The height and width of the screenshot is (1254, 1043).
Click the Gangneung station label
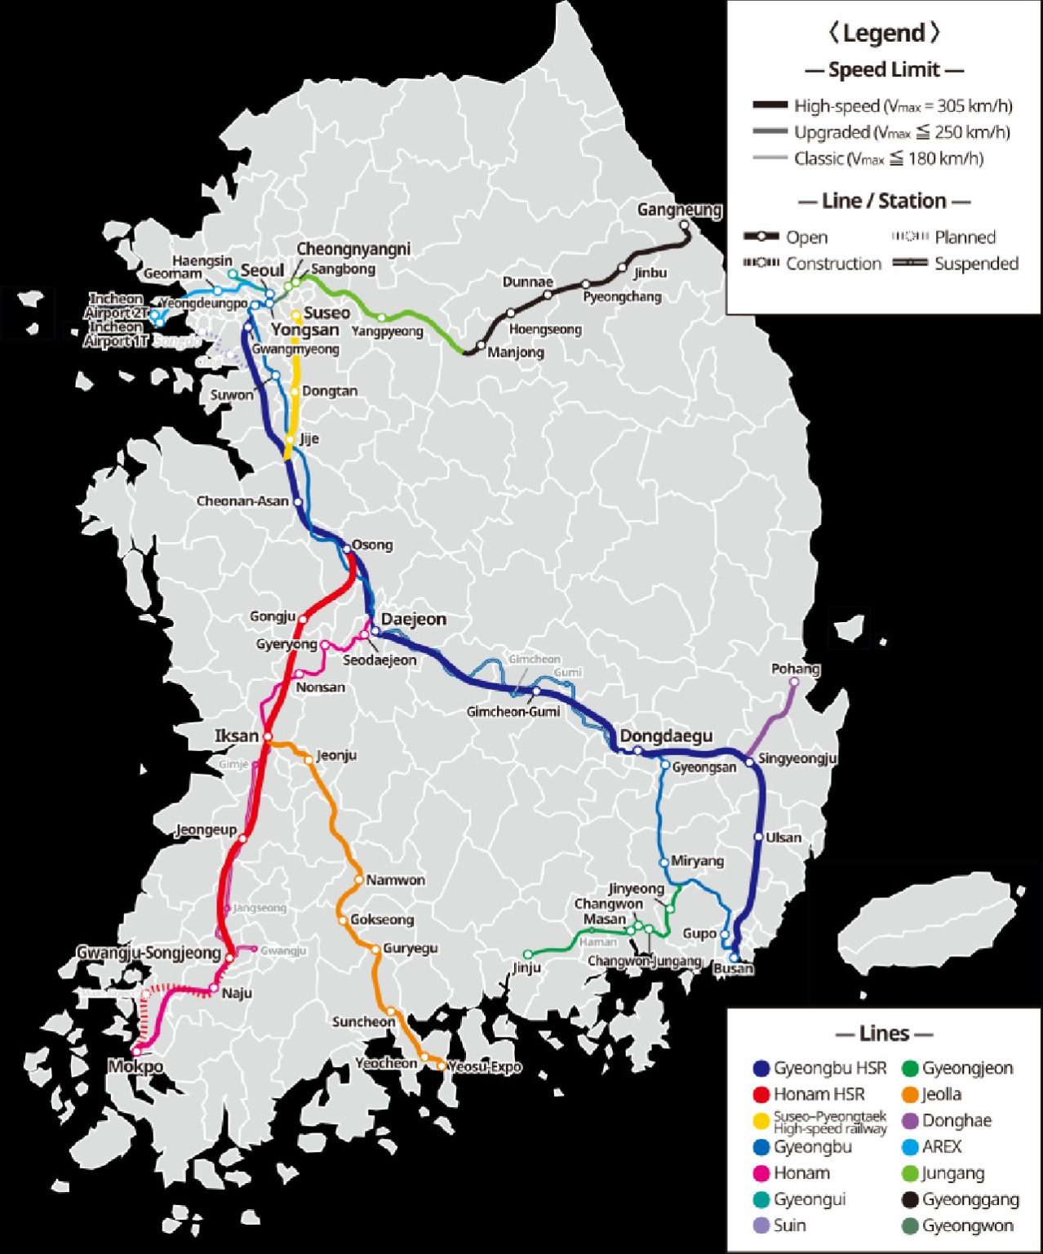[679, 210]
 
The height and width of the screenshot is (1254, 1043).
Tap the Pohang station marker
[794, 682]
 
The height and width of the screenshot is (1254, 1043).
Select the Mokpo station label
[135, 1066]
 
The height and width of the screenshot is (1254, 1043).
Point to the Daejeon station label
[414, 619]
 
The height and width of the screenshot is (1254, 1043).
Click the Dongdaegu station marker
[638, 750]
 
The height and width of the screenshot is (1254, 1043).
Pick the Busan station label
[733, 969]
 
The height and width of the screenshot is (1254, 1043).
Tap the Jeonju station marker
[308, 759]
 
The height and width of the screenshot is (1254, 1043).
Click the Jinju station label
[527, 967]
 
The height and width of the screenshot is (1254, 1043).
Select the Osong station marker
[346, 547]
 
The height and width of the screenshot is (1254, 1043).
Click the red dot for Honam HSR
[761, 1094]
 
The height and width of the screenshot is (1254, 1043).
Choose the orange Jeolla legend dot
[911, 1094]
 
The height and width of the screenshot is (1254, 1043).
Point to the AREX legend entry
[942, 1146]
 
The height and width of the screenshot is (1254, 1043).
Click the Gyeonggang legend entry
[970, 1199]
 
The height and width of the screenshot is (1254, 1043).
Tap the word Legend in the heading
[884, 33]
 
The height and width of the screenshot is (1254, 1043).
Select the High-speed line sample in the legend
[770, 105]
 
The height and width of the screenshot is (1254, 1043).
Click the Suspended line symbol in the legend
[910, 263]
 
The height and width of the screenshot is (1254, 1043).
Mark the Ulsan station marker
[758, 837]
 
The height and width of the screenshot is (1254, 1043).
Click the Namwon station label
[395, 880]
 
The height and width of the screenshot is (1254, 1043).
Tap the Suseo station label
[326, 313]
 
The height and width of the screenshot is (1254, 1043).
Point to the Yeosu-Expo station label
[485, 1066]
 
